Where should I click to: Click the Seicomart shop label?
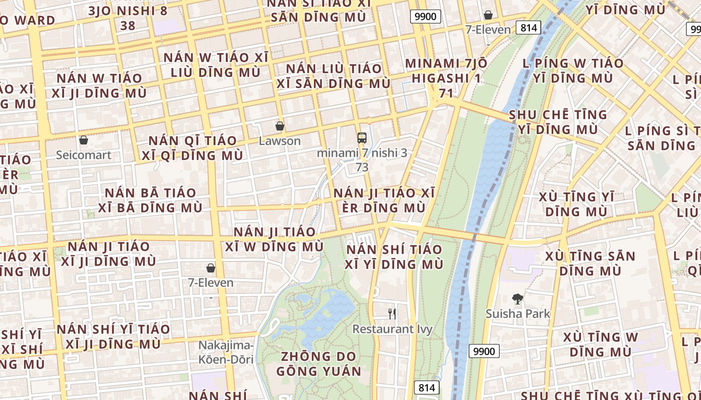click(x=84, y=155)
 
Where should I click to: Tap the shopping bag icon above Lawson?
click(x=280, y=126)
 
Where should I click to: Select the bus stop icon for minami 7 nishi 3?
click(x=362, y=138)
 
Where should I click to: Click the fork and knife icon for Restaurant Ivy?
click(x=393, y=314)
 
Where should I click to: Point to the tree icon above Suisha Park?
click(x=518, y=299)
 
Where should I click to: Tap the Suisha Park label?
click(x=518, y=314)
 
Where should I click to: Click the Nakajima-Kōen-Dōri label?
click(x=226, y=352)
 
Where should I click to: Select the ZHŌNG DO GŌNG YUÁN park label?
click(x=318, y=364)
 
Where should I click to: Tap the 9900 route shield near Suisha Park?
click(x=485, y=351)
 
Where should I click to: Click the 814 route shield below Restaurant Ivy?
click(x=427, y=387)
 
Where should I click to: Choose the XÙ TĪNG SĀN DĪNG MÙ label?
click(x=590, y=263)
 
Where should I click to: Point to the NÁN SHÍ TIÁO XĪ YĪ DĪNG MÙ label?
click(x=395, y=256)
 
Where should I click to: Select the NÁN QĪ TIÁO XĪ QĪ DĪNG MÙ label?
click(x=192, y=148)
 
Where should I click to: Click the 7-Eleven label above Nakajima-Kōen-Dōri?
click(x=211, y=283)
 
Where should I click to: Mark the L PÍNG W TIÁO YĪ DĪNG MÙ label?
click(x=573, y=70)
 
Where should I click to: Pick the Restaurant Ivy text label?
click(x=393, y=329)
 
